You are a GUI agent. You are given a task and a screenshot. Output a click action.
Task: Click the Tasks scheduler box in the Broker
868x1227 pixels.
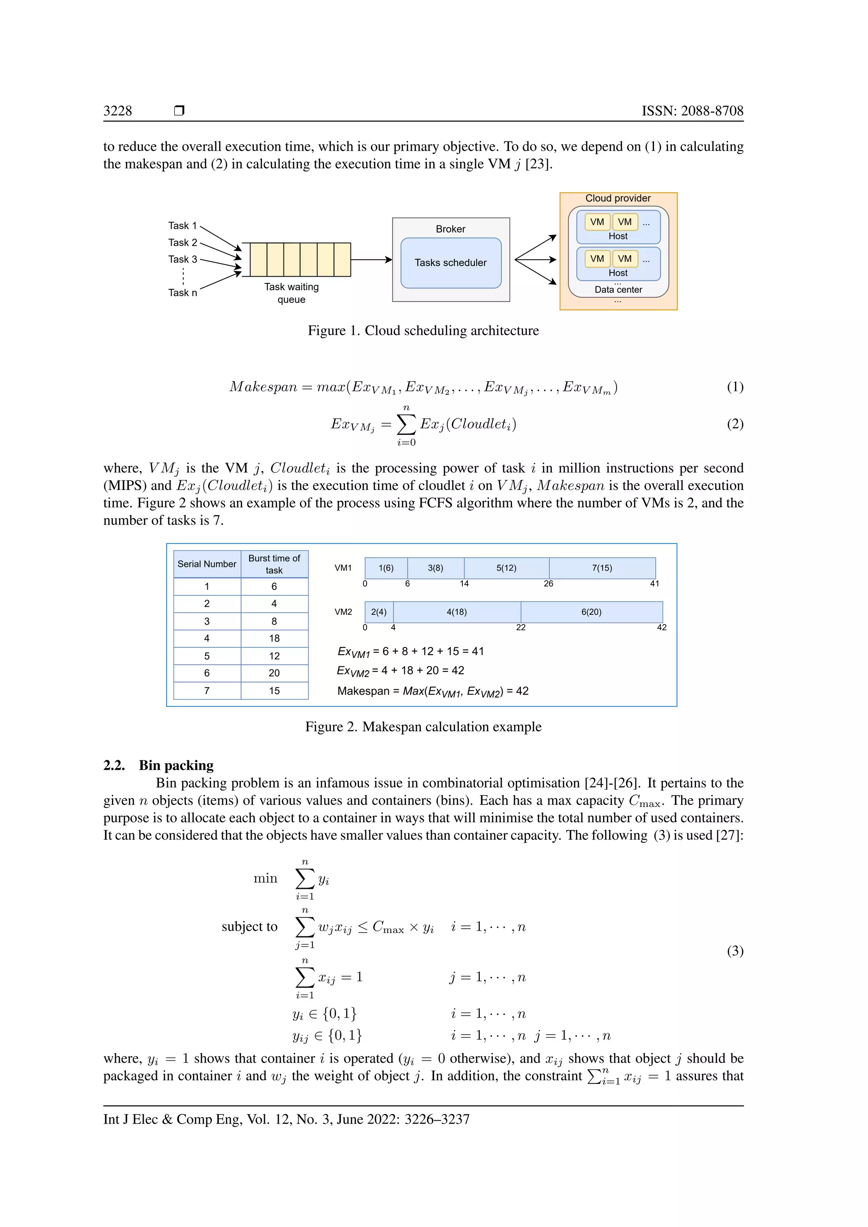click(x=451, y=263)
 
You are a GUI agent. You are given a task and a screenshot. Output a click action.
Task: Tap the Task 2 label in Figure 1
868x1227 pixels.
click(x=182, y=243)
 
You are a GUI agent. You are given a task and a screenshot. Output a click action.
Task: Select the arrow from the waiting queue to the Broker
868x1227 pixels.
click(x=371, y=260)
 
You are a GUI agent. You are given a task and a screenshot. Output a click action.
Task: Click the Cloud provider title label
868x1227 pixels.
click(x=618, y=198)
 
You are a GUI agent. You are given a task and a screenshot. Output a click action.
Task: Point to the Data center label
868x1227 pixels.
click(x=618, y=290)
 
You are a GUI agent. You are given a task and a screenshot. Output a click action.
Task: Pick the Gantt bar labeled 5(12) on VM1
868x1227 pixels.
click(x=506, y=568)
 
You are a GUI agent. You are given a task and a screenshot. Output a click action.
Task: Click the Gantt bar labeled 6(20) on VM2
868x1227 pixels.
click(x=591, y=612)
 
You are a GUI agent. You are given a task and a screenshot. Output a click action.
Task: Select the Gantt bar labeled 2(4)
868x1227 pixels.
click(x=379, y=612)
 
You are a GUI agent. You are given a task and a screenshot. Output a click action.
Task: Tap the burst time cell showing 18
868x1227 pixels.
click(x=274, y=638)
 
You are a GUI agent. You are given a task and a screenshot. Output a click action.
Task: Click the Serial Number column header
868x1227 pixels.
click(x=207, y=564)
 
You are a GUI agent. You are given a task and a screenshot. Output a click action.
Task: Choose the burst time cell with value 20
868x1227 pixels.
click(x=274, y=673)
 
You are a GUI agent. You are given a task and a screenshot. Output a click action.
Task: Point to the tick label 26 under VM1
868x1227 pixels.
click(x=548, y=583)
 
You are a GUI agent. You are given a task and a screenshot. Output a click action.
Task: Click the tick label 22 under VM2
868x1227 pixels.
click(x=520, y=627)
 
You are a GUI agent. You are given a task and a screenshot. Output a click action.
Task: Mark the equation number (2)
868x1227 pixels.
click(x=735, y=424)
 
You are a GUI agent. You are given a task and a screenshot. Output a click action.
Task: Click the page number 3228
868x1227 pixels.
click(x=117, y=111)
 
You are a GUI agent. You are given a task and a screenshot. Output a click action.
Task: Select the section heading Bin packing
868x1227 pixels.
click(x=176, y=765)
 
